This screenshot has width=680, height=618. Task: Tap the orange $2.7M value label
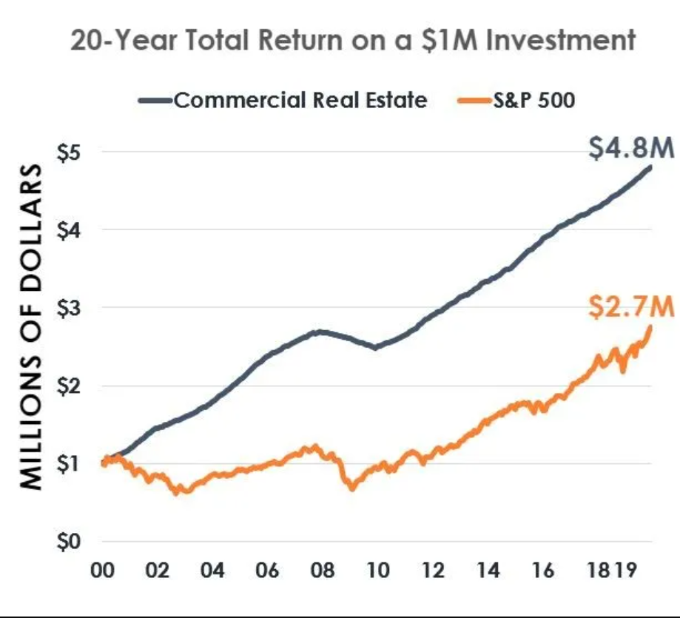point(632,306)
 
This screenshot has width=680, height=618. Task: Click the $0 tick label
point(67,542)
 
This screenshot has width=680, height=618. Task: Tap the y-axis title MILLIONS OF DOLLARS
point(30,326)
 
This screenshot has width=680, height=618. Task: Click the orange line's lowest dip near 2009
point(352,488)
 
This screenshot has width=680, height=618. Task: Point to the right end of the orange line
point(650,326)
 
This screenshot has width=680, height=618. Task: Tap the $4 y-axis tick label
point(67,229)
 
